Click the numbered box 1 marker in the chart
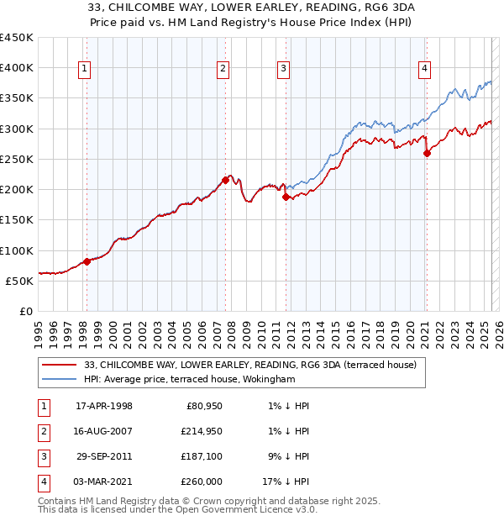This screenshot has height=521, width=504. point(86,69)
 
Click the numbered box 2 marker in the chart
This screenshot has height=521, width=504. point(223,69)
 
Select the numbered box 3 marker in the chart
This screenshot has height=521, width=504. point(284,69)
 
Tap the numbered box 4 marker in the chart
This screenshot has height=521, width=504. point(425,69)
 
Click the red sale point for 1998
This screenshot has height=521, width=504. point(87,261)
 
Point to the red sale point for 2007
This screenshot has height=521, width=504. point(225,180)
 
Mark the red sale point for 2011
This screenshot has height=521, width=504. point(286,197)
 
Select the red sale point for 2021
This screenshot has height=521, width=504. point(427,153)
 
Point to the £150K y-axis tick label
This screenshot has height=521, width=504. point(17,220)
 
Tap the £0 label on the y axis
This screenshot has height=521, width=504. point(25,311)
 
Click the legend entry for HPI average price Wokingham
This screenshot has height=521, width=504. point(189,379)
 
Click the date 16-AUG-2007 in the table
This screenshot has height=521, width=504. point(103,431)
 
